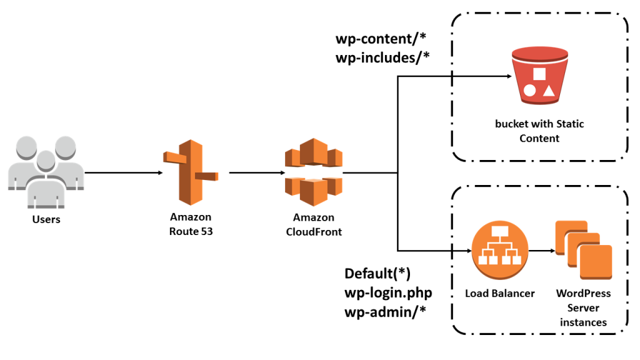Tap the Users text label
click(46, 219)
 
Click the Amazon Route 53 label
click(191, 224)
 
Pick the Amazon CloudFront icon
click(314, 172)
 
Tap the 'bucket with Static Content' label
click(539, 131)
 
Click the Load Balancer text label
click(499, 293)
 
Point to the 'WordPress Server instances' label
click(582, 307)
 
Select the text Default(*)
click(377, 274)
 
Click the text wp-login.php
click(387, 292)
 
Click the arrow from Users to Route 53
click(121, 173)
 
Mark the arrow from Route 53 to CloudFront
click(254, 173)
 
